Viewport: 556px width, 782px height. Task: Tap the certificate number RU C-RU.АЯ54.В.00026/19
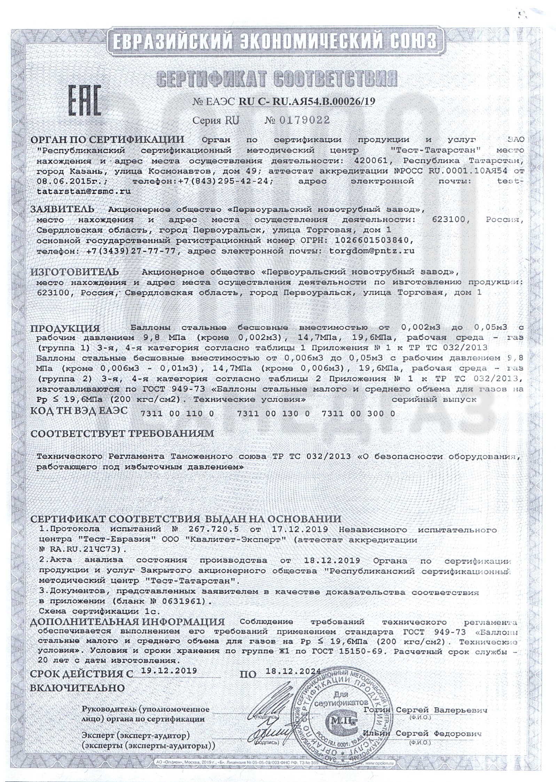(307, 101)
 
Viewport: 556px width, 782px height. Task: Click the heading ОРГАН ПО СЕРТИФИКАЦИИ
(108, 140)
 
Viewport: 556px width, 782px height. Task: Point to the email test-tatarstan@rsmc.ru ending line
(84, 191)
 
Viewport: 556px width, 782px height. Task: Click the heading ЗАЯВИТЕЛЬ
(62, 209)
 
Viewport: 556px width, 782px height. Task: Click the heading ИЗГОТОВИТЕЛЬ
(75, 271)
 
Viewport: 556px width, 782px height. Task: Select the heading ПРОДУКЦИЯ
(65, 328)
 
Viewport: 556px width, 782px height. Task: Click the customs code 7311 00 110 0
(178, 414)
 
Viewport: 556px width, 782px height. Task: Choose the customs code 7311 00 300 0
(359, 414)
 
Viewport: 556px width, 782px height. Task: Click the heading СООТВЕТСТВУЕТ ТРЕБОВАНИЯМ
(122, 433)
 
